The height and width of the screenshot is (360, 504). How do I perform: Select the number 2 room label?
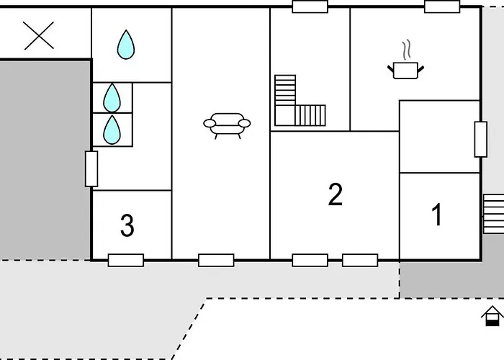click(336, 194)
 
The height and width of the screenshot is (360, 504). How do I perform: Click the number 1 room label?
click(437, 215)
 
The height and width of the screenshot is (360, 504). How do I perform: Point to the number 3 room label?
click(127, 225)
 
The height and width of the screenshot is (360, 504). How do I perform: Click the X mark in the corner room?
click(39, 36)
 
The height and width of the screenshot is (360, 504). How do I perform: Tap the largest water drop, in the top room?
click(126, 45)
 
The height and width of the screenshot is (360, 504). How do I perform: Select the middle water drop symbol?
click(112, 98)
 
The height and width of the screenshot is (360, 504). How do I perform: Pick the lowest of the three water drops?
click(112, 130)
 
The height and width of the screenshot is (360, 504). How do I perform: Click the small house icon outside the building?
click(492, 316)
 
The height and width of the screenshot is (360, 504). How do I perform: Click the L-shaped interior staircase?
click(300, 100)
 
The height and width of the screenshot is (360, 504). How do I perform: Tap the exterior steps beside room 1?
click(494, 213)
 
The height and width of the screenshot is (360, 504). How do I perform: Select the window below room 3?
click(126, 261)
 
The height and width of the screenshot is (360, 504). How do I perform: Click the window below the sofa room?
click(216, 261)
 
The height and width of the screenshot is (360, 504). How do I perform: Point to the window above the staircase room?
click(310, 6)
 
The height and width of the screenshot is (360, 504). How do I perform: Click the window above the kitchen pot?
click(442, 6)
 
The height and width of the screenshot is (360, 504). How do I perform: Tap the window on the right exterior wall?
click(481, 139)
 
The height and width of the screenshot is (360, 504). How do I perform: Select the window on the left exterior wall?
click(91, 168)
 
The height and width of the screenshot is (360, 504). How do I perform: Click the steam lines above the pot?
click(407, 50)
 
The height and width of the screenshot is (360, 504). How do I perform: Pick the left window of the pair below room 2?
click(310, 261)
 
